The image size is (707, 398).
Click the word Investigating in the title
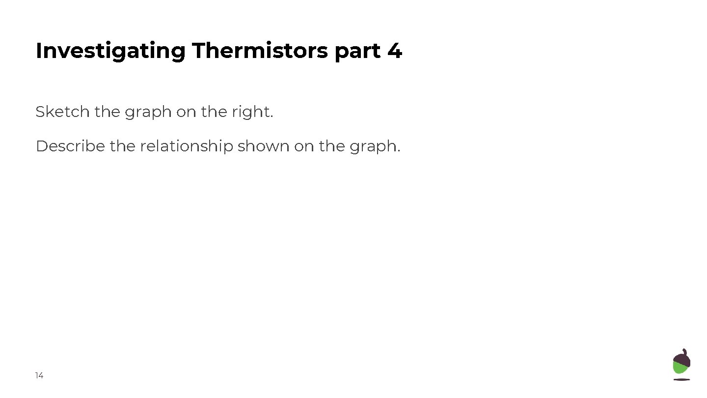pyautogui.click(x=110, y=51)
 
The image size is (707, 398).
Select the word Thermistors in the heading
pyautogui.click(x=260, y=51)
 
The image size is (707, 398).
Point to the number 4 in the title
pyautogui.click(x=394, y=51)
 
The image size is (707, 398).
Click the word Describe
pyautogui.click(x=70, y=146)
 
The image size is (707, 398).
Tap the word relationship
pyautogui.click(x=186, y=146)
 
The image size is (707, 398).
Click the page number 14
pyautogui.click(x=39, y=376)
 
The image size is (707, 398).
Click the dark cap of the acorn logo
pyautogui.click(x=681, y=359)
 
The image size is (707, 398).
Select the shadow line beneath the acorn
pyautogui.click(x=681, y=379)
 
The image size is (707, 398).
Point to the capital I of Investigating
pyautogui.click(x=39, y=51)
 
